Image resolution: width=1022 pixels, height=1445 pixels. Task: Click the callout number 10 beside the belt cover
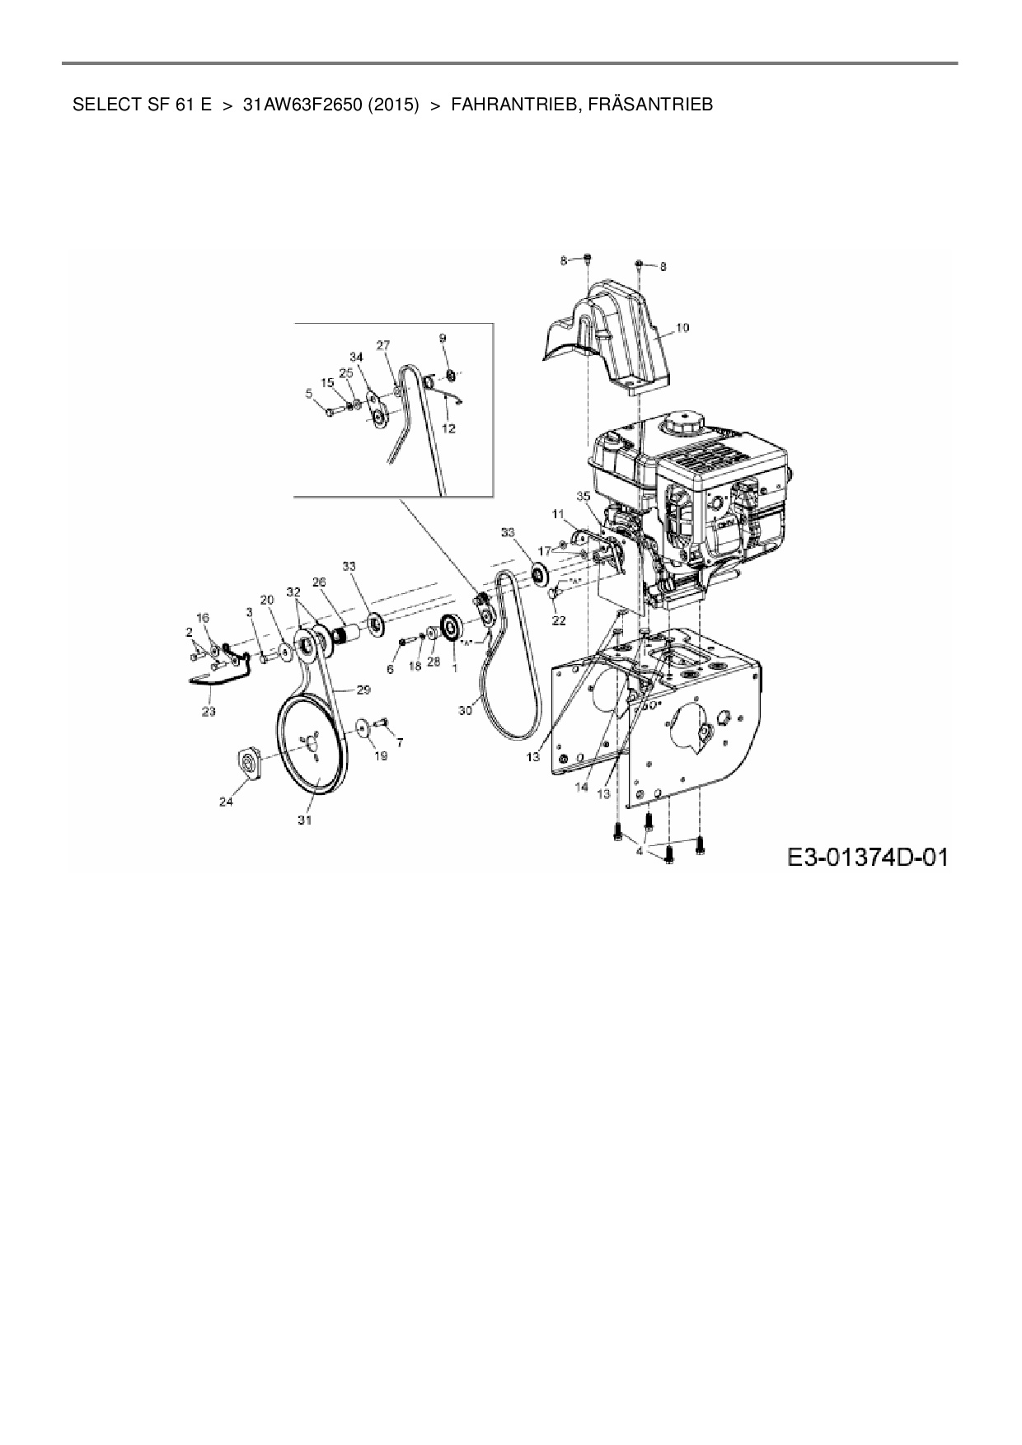tap(682, 328)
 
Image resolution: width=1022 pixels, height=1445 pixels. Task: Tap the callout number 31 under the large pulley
tap(305, 821)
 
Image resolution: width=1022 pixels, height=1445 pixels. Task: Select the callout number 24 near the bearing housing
tap(226, 801)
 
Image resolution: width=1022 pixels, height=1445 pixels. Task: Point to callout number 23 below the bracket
tap(209, 711)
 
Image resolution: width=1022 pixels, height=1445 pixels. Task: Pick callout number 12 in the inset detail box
tap(449, 428)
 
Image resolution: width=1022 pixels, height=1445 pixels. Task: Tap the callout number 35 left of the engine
tap(584, 497)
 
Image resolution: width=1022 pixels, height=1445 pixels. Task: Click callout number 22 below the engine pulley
tap(559, 620)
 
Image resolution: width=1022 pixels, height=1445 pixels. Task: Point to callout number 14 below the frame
tap(581, 788)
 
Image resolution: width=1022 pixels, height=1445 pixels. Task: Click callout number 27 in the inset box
tap(383, 345)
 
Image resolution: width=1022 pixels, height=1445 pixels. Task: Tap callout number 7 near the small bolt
tap(400, 742)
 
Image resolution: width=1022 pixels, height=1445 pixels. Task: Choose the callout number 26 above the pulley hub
tap(319, 582)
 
